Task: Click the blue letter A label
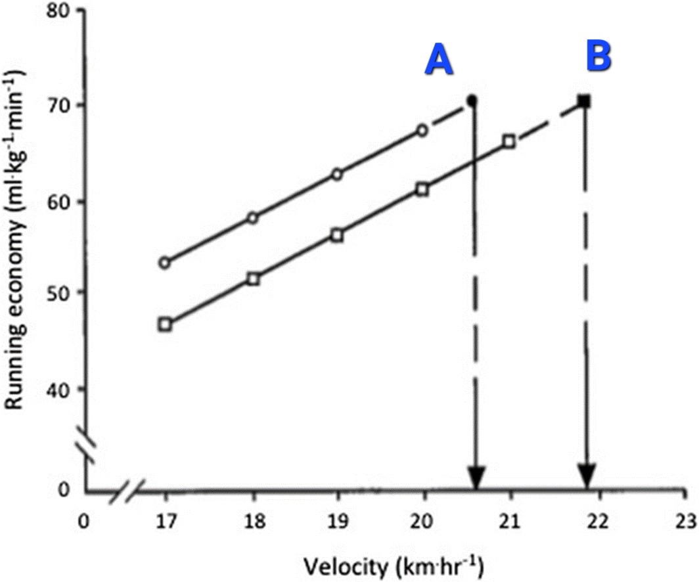439,60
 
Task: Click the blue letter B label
598,56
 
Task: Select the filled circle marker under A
472,101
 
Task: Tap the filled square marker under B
584,101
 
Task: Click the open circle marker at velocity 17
165,263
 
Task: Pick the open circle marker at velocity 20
422,130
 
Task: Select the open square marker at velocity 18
253,279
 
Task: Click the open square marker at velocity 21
508,141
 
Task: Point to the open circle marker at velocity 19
337,174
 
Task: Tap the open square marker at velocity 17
165,324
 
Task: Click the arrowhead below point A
476,478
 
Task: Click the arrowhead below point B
586,476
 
